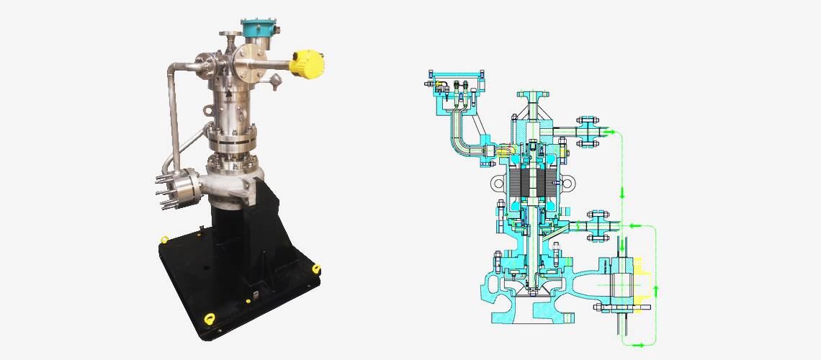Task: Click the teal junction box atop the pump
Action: click(x=256, y=30)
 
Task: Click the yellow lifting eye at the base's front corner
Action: click(x=210, y=317)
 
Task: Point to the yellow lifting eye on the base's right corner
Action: click(x=315, y=269)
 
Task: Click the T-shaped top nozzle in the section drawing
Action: click(x=534, y=98)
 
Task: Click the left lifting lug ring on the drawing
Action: click(x=496, y=185)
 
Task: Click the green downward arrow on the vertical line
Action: click(x=623, y=194)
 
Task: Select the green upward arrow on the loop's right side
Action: click(x=656, y=290)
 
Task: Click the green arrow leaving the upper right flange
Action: click(x=609, y=132)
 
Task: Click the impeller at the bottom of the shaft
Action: click(x=534, y=288)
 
